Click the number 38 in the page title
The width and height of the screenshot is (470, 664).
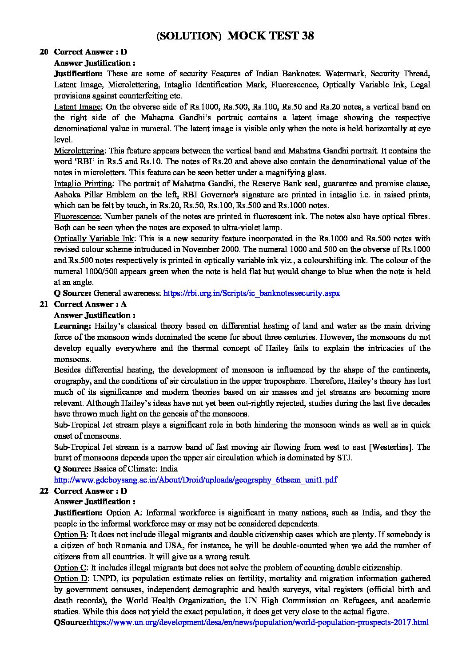coord(305,36)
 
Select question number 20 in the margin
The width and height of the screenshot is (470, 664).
coord(44,52)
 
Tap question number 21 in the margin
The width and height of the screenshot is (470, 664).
coord(44,304)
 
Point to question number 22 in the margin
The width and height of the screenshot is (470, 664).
coord(44,491)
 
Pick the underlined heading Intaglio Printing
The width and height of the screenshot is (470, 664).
coord(83,184)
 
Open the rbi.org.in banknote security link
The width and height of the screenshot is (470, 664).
coord(252,293)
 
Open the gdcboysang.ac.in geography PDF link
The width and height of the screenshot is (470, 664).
coord(195,480)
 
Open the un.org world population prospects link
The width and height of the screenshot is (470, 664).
coord(259,622)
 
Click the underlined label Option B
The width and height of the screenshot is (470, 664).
coord(70,534)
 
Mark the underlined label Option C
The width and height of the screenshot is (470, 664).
coord(70,568)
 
